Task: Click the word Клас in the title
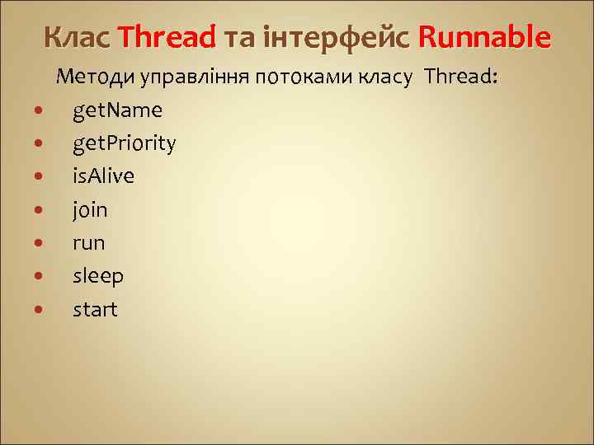point(78,37)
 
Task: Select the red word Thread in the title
point(167,37)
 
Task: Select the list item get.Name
point(117,110)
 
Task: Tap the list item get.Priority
point(124,144)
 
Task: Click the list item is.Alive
point(103,176)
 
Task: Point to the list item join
point(90,210)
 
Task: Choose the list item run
point(89,243)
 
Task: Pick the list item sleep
point(98,276)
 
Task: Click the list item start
point(96,310)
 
